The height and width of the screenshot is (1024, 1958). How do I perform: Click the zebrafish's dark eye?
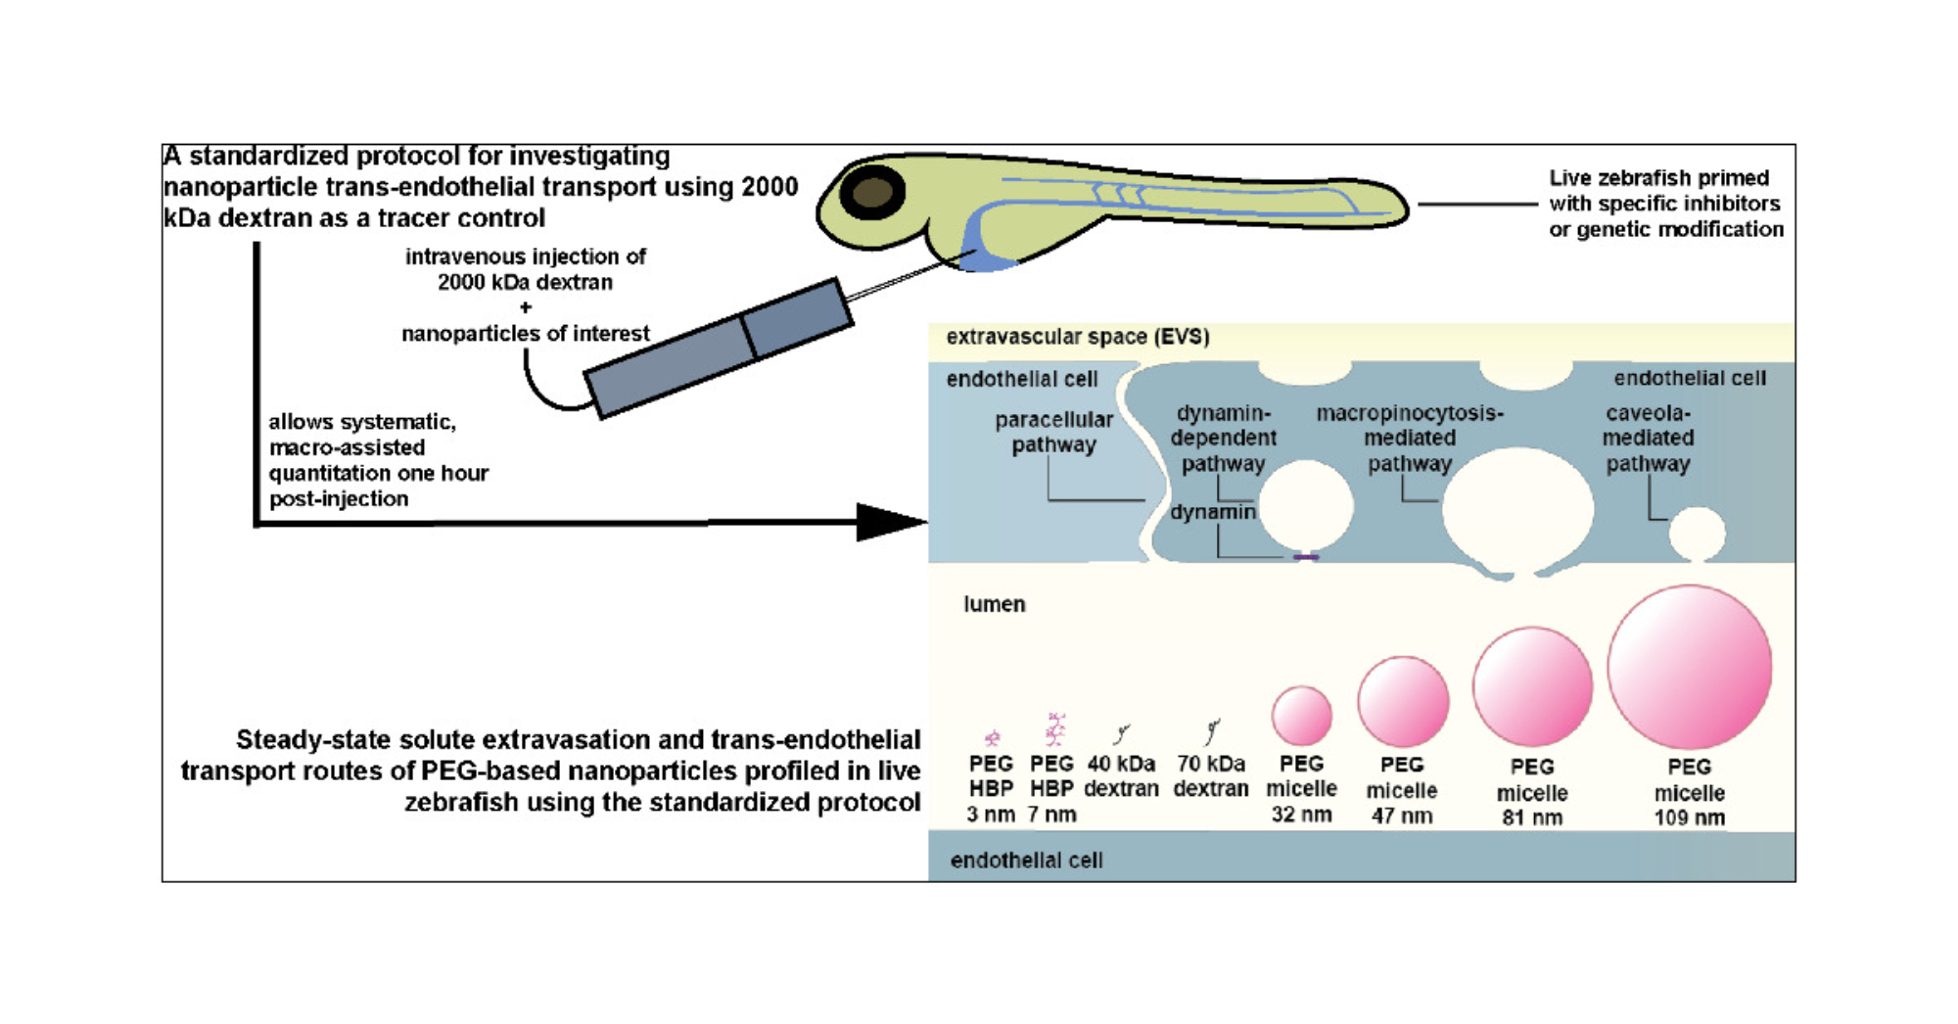[x=871, y=193]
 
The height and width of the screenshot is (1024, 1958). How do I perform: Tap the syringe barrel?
[x=718, y=349]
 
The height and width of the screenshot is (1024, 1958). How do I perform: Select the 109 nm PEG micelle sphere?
[x=1689, y=667]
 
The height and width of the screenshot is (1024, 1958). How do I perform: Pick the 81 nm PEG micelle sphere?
[x=1532, y=686]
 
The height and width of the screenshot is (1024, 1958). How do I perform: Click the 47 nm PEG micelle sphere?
[x=1402, y=701]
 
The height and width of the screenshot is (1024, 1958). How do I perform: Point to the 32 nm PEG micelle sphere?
[x=1301, y=715]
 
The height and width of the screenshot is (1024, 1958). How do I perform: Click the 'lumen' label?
[x=994, y=604]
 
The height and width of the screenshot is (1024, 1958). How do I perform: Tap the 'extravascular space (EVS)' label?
[x=1077, y=337]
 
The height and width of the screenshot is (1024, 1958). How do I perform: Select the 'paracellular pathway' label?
[x=1053, y=432]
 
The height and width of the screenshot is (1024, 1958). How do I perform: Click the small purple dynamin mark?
[x=1306, y=557]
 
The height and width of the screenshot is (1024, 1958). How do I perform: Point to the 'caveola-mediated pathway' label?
[x=1648, y=438]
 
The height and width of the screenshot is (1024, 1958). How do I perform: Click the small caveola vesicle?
[x=1697, y=533]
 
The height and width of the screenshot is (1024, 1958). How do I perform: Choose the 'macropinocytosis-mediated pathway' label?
[x=1409, y=438]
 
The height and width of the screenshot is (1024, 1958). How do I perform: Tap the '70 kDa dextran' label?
[x=1211, y=775]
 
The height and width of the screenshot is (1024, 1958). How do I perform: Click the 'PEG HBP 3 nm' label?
[x=991, y=788]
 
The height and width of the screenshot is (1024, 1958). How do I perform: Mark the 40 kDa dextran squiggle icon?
[x=1122, y=732]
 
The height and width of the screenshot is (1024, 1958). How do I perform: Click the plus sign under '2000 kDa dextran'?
[x=526, y=307]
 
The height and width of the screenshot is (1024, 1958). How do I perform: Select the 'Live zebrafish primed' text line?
[x=1658, y=178]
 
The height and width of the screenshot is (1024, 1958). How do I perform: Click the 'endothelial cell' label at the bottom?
[x=1026, y=860]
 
